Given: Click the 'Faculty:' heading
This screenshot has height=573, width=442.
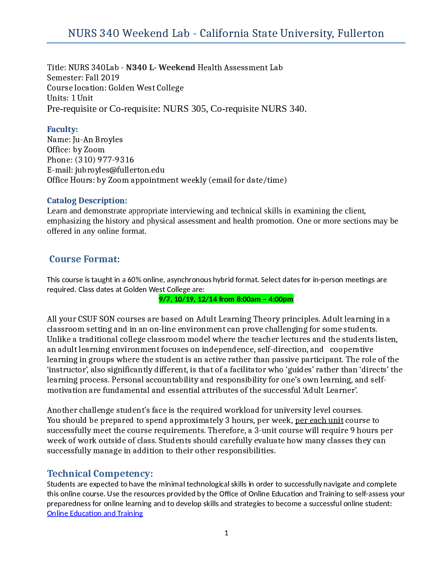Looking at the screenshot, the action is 62,129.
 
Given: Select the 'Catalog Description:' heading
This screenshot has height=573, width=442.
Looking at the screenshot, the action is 87,201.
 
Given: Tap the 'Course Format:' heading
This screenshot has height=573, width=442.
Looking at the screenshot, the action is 84,259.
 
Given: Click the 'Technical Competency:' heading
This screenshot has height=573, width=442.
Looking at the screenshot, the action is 100,474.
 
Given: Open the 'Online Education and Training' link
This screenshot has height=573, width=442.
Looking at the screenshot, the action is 95,513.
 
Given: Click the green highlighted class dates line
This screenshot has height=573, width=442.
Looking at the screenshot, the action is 226,299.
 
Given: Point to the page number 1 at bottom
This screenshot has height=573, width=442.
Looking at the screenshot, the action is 226,533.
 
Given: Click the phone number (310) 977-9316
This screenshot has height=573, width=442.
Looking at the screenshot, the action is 104,160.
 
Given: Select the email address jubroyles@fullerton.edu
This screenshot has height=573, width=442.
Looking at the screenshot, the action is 120,170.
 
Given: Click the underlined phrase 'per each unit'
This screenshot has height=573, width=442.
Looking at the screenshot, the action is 319,420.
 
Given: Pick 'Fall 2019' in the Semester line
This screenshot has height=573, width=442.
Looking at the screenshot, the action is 102,78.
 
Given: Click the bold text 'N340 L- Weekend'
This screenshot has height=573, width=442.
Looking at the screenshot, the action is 161,68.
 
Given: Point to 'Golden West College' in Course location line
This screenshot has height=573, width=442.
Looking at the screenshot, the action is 146,88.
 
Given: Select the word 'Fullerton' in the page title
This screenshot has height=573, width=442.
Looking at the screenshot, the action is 361,34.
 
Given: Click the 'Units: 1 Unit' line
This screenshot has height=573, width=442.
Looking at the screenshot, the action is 70,98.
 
